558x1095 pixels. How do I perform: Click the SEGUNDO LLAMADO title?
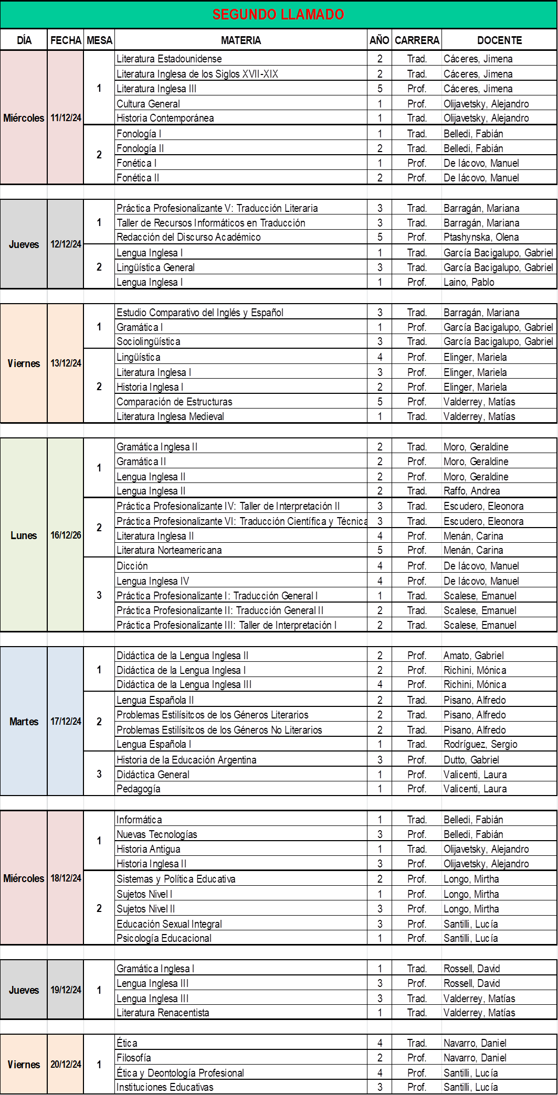pyautogui.click(x=278, y=15)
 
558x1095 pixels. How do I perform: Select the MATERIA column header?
pyautogui.click(x=240, y=40)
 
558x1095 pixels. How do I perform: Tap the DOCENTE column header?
pyautogui.click(x=499, y=40)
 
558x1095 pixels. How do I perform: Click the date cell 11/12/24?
pyautogui.click(x=66, y=118)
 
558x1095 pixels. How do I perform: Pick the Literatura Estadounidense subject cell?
pyautogui.click(x=169, y=59)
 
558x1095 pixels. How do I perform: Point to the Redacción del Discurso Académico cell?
pyautogui.click(x=188, y=237)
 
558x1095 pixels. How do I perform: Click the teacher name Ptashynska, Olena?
pyautogui.click(x=481, y=237)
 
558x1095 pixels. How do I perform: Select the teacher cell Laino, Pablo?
pyautogui.click(x=469, y=282)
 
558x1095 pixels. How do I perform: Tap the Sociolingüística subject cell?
pyautogui.click(x=149, y=341)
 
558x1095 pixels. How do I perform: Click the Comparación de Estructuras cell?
pyautogui.click(x=174, y=402)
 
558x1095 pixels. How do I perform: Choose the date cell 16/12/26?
pyautogui.click(x=66, y=535)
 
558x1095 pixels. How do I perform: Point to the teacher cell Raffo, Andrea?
pyautogui.click(x=471, y=491)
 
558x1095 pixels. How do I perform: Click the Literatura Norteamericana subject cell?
pyautogui.click(x=169, y=550)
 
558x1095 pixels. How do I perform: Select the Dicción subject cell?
pyautogui.click(x=132, y=566)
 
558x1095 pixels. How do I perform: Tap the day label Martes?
pyautogui.click(x=24, y=722)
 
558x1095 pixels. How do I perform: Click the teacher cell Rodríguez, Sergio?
pyautogui.click(x=480, y=744)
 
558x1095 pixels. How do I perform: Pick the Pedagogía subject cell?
pyautogui.click(x=139, y=789)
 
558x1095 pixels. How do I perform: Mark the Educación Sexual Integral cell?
pyautogui.click(x=169, y=924)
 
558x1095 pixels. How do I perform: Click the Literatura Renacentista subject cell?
pyautogui.click(x=163, y=1013)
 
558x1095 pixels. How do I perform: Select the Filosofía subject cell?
pyautogui.click(x=134, y=1058)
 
